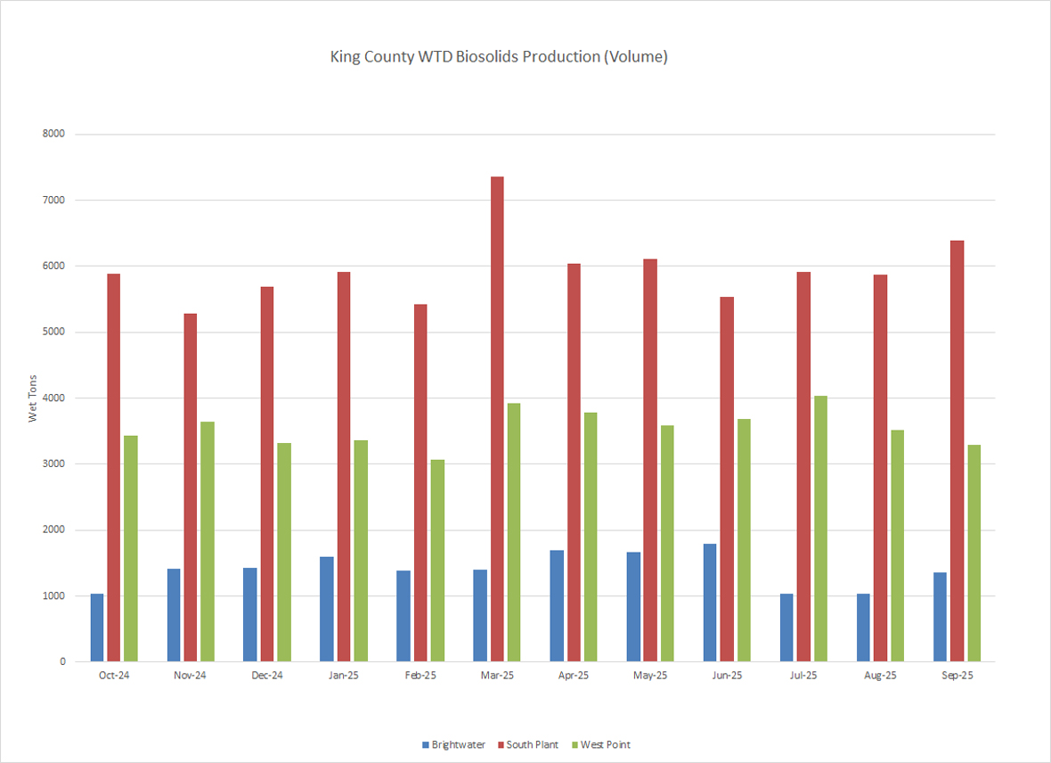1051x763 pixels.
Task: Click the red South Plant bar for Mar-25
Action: click(x=497, y=419)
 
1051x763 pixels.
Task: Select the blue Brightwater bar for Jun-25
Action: click(x=710, y=603)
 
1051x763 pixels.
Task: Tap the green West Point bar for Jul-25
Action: click(x=820, y=529)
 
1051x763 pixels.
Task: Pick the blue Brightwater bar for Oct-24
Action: click(x=97, y=628)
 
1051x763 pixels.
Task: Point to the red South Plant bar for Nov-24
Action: click(x=191, y=488)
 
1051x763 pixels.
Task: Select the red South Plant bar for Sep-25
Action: click(x=957, y=451)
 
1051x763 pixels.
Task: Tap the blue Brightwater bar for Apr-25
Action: click(x=557, y=606)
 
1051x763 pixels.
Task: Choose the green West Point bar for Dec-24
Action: click(x=283, y=553)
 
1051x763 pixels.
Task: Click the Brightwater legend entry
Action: click(x=454, y=744)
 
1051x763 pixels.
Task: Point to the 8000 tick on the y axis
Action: click(x=54, y=134)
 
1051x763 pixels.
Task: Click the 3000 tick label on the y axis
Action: click(x=54, y=464)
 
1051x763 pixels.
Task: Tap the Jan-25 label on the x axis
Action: click(x=344, y=676)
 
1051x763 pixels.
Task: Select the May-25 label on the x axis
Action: click(x=650, y=676)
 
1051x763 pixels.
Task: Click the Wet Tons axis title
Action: click(x=33, y=398)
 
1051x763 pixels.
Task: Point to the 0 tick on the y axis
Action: click(x=62, y=661)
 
